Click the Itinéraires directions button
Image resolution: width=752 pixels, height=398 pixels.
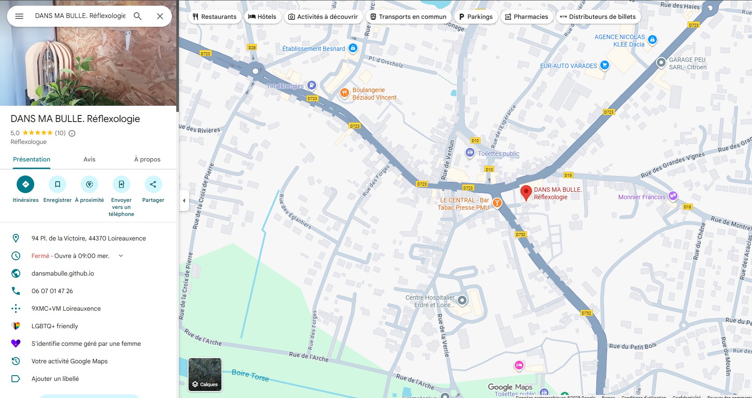coord(25,184)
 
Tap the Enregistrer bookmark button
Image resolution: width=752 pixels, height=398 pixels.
coord(57,184)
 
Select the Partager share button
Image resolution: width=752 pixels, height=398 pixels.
coord(153,184)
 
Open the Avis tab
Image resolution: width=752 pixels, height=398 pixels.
coord(89,159)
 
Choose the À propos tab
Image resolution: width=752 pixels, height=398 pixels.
coord(147,159)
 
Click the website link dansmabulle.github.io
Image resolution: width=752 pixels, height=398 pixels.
coord(63,273)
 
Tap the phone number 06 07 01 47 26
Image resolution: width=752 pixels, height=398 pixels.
coord(52,291)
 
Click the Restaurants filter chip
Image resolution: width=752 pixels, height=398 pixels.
coord(214,17)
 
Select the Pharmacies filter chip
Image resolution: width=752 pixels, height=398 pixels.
coord(527,17)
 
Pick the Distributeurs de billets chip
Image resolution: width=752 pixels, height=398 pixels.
coord(598,17)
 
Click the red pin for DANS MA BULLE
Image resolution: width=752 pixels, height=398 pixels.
coord(526,192)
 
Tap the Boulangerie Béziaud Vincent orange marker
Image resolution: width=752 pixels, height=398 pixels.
coord(345,93)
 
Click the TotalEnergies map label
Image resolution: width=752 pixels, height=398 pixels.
coord(285,86)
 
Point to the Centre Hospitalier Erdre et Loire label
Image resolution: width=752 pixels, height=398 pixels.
coord(430,301)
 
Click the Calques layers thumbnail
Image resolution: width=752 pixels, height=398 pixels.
coord(205,374)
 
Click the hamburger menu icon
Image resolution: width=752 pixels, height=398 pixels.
coord(19,16)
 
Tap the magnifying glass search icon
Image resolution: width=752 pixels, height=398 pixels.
coord(138,16)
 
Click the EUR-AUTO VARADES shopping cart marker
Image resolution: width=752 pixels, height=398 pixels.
coord(605,65)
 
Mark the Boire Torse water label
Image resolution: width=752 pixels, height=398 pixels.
coord(250,375)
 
